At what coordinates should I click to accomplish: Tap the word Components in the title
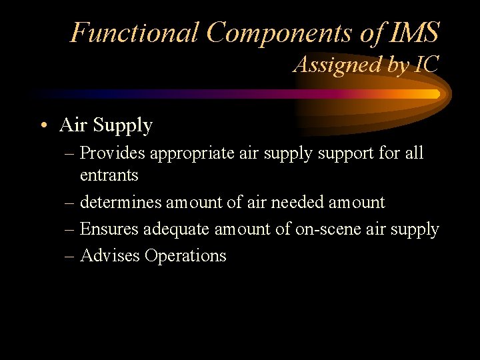(283, 33)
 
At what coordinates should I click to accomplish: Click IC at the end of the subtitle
(426, 65)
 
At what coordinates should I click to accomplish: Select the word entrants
(109, 176)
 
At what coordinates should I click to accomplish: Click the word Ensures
(107, 229)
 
